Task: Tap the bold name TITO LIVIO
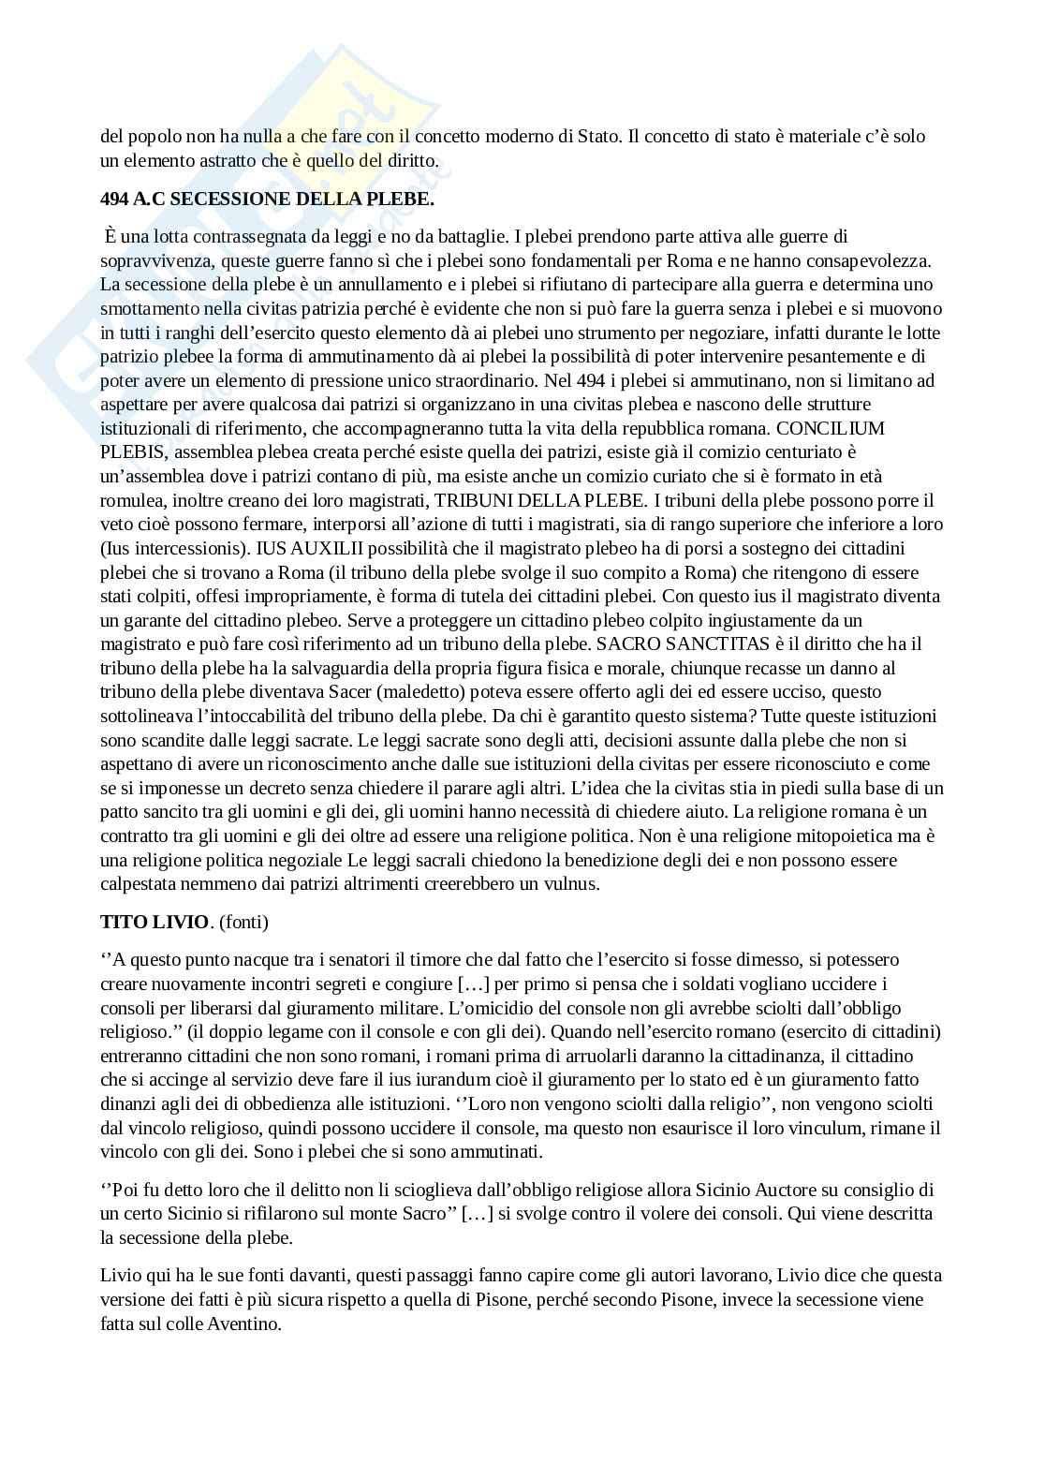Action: click(x=155, y=922)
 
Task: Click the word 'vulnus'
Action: click(x=571, y=883)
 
